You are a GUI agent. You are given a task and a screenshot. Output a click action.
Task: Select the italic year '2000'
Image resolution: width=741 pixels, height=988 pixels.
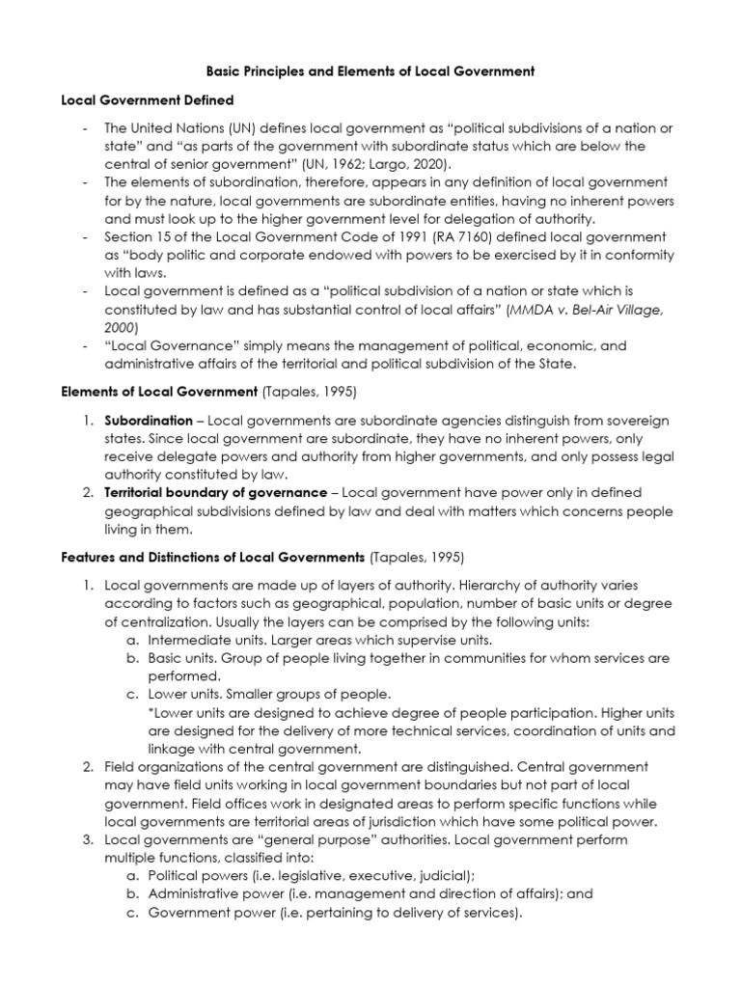click(121, 326)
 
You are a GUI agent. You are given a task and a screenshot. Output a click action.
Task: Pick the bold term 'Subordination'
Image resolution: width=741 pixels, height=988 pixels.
click(149, 421)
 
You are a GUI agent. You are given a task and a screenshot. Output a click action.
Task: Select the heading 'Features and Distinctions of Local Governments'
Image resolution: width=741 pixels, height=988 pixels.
click(213, 558)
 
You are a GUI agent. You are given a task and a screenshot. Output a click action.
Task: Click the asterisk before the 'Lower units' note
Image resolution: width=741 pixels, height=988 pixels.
click(151, 713)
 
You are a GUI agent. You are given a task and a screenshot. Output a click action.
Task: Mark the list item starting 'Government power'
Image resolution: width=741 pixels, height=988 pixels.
click(334, 912)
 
